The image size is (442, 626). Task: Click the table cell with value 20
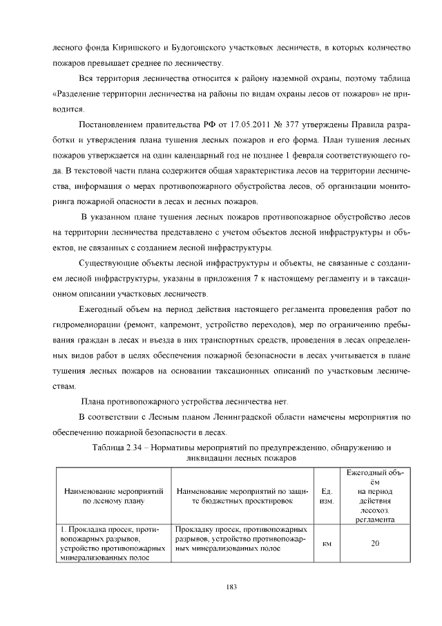tap(375, 543)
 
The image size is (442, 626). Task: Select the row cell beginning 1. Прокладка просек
tap(113, 543)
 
